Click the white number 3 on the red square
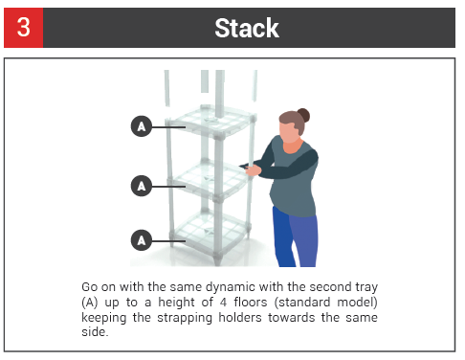(24, 27)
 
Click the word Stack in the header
(247, 28)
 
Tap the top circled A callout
(142, 126)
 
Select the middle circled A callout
(142, 186)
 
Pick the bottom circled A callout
(142, 240)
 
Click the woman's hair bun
(303, 115)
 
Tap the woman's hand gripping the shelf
(254, 170)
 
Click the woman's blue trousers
(295, 236)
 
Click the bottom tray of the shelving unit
(210, 235)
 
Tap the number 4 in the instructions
(223, 303)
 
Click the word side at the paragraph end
(95, 332)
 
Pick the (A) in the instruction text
(90, 303)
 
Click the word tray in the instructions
(366, 287)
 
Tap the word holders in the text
(240, 318)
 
